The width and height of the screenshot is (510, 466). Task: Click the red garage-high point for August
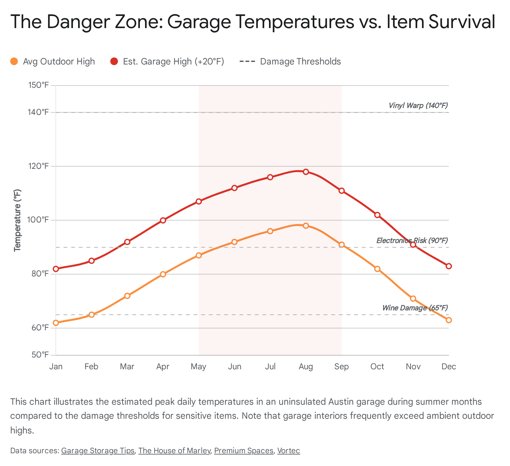306,172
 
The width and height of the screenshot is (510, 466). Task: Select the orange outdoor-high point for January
56,323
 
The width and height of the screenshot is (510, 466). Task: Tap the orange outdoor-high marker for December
448,320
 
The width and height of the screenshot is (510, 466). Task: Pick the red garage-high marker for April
163,220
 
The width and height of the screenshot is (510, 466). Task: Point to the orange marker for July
270,231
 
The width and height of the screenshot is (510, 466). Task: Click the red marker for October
377,215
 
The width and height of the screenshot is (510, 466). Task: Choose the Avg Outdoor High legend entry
53,61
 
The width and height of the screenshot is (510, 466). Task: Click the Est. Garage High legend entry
168,61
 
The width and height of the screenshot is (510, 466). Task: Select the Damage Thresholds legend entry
290,61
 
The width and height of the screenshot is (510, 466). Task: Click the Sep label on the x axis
341,366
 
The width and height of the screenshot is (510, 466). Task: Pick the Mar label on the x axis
127,366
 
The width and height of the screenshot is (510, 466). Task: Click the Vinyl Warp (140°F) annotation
418,105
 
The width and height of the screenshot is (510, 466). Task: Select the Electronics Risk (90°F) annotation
412,240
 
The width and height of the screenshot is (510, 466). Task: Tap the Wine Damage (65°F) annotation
415,308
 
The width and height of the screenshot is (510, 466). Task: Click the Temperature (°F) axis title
18,220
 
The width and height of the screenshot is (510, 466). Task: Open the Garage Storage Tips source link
98,451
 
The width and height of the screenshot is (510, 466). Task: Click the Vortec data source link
288,451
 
